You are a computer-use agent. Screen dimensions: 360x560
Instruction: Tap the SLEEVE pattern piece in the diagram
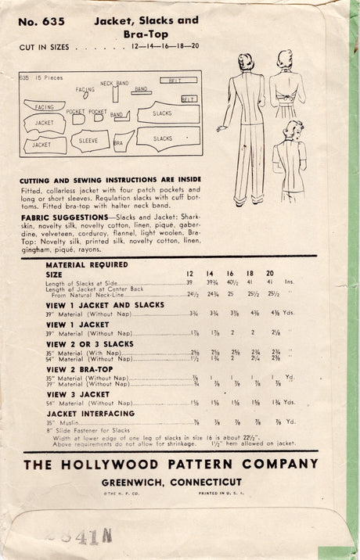click(89, 141)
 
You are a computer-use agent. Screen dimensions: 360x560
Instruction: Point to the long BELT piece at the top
click(178, 80)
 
